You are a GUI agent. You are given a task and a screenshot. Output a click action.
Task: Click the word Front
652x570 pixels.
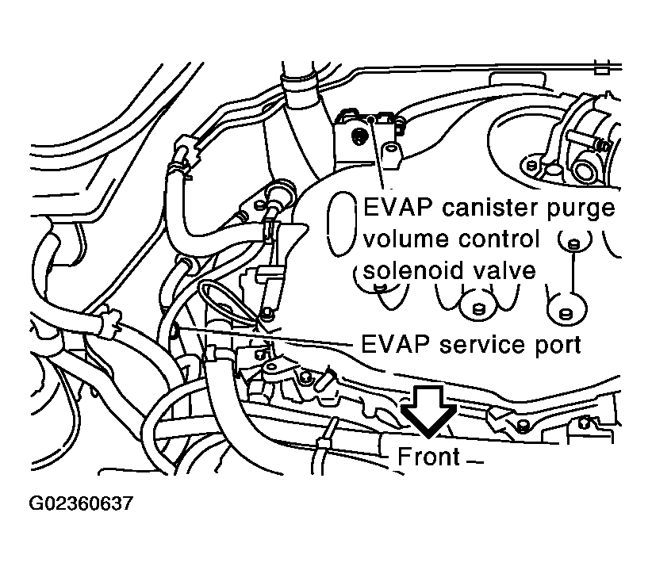[428, 457]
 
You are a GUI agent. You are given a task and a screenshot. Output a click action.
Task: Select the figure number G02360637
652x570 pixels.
[82, 503]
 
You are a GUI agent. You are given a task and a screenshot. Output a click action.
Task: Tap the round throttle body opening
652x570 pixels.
[586, 170]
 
